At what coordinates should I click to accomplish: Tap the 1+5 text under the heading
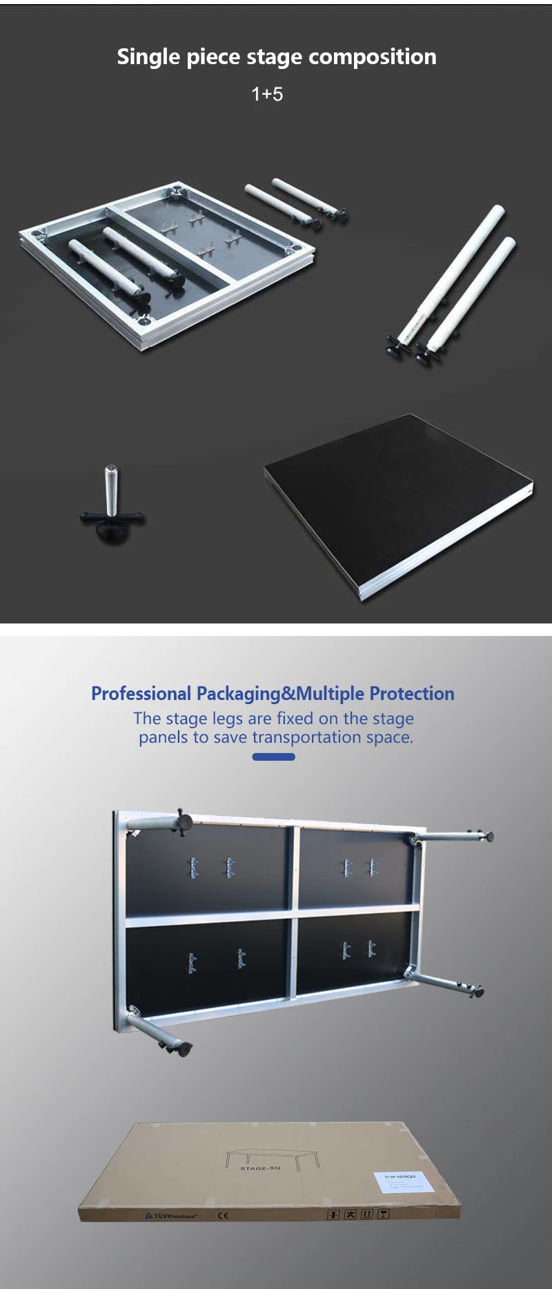point(267,94)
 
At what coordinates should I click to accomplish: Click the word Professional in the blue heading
point(141,694)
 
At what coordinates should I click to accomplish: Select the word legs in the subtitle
point(228,719)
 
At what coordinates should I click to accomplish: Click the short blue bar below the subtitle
point(273,757)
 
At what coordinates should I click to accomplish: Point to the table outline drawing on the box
point(273,1157)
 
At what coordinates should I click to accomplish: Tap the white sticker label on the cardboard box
point(404,1182)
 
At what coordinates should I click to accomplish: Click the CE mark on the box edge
point(223,1216)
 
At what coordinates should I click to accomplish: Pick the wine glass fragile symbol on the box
point(384,1214)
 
